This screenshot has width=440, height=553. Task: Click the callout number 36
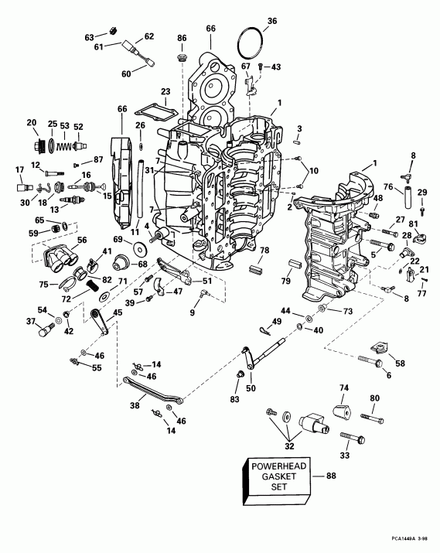271,21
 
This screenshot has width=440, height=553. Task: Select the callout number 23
165,91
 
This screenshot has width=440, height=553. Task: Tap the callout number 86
182,38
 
